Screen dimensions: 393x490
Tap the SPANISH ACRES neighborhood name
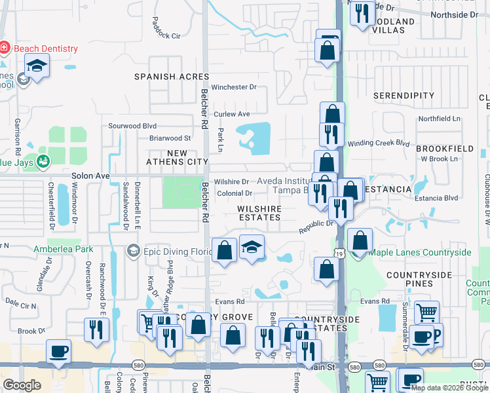pos(172,77)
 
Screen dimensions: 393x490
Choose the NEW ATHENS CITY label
pos(178,157)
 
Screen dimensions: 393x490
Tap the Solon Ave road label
pos(91,176)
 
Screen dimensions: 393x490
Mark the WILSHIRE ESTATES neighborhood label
pos(259,213)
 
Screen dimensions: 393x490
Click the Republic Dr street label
pos(317,227)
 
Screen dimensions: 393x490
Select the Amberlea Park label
pos(63,250)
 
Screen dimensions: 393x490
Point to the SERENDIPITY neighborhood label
pos(404,96)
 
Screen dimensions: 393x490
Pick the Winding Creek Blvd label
pos(378,143)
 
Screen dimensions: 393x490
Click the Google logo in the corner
pos(22,385)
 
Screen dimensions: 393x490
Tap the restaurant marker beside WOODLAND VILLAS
pos(361,13)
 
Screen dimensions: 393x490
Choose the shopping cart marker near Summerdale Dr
pos(426,313)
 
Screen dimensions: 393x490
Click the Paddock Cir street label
pos(166,36)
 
